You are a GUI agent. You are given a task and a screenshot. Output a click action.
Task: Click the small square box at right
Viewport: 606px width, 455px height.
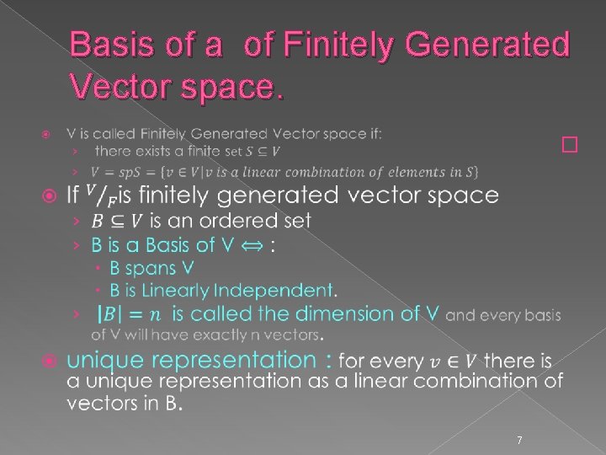pos(571,145)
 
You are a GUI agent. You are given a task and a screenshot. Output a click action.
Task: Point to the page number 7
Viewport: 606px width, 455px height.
pos(519,439)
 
